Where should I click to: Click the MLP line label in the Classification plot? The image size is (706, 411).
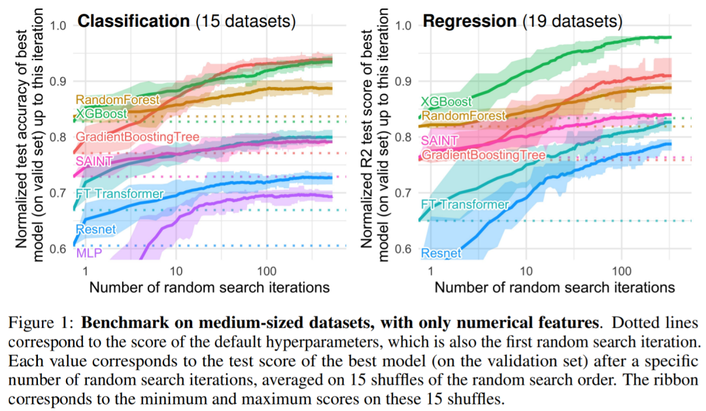(x=90, y=253)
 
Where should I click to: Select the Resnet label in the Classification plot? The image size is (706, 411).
(x=95, y=229)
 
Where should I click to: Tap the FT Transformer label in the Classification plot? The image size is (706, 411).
(x=119, y=194)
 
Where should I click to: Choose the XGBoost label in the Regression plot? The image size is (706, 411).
(x=446, y=101)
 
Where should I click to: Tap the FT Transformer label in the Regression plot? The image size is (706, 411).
(x=464, y=205)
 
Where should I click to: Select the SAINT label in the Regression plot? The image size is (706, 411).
(x=439, y=140)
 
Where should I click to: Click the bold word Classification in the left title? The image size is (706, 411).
(x=133, y=21)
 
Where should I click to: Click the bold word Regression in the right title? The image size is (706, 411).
(x=469, y=21)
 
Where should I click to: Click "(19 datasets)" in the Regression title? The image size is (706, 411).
(x=571, y=21)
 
